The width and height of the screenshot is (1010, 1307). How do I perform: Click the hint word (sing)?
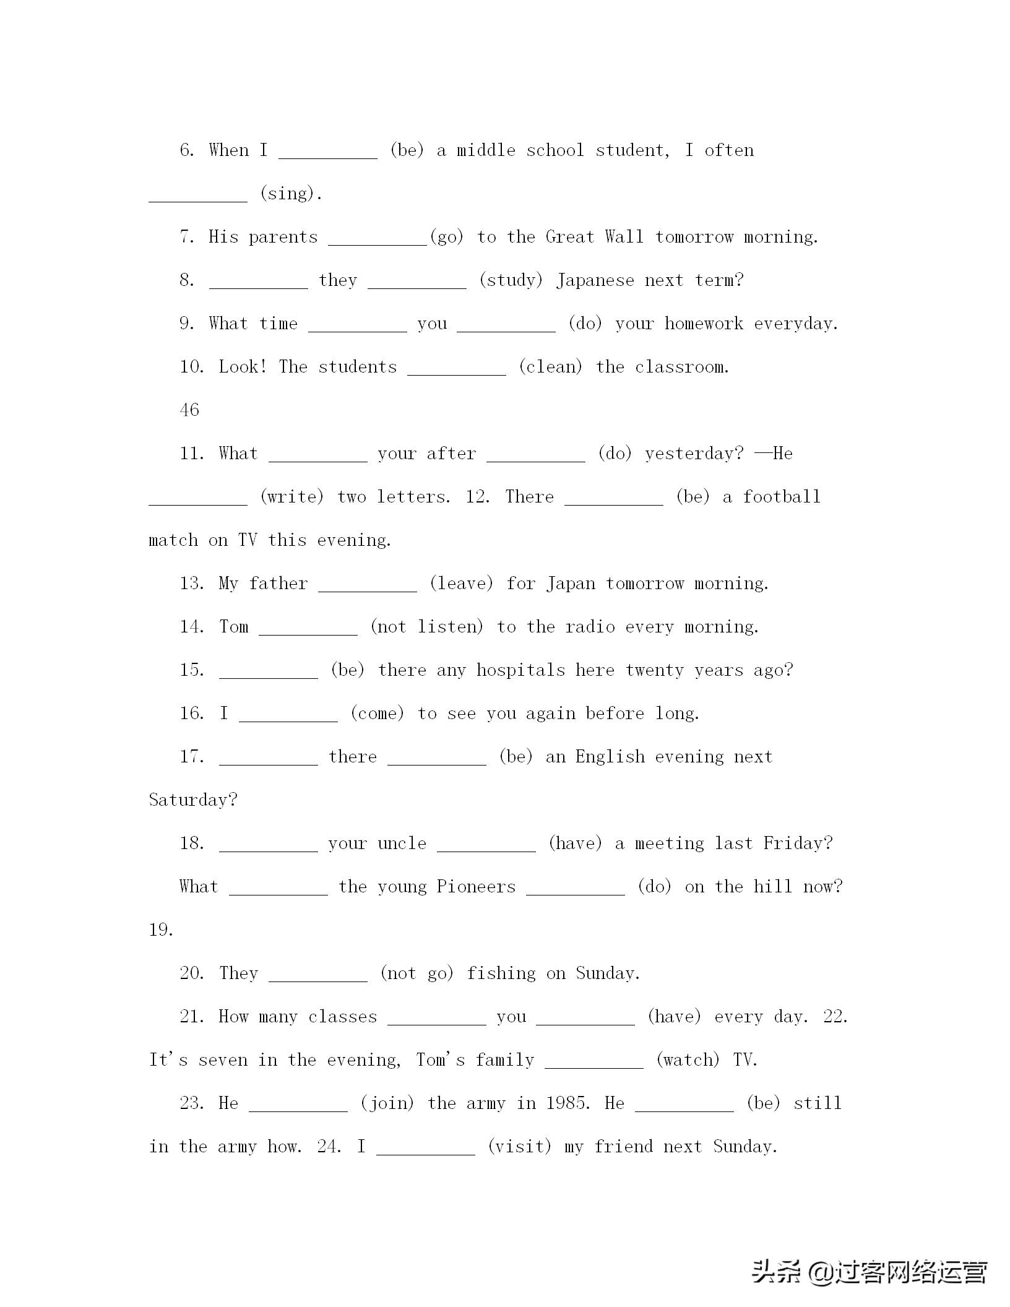tap(291, 194)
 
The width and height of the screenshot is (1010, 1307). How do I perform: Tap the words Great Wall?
tap(594, 237)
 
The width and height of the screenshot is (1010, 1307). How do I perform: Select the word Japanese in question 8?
tap(595, 280)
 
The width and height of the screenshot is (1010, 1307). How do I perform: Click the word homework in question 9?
tap(704, 324)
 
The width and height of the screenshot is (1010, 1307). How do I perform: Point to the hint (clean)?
tap(551, 367)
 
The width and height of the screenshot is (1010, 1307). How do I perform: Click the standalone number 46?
tap(189, 410)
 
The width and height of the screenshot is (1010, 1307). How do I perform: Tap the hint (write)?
tap(292, 497)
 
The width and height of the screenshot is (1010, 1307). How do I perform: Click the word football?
tap(782, 497)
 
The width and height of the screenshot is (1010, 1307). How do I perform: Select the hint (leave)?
tap(462, 584)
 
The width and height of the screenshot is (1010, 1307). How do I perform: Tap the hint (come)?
tap(378, 714)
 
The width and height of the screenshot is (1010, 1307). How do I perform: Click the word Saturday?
tap(192, 800)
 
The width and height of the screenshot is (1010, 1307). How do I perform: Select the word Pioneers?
tap(476, 887)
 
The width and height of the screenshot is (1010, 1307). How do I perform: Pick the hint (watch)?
tap(688, 1060)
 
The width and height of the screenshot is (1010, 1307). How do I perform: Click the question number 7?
tap(187, 237)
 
